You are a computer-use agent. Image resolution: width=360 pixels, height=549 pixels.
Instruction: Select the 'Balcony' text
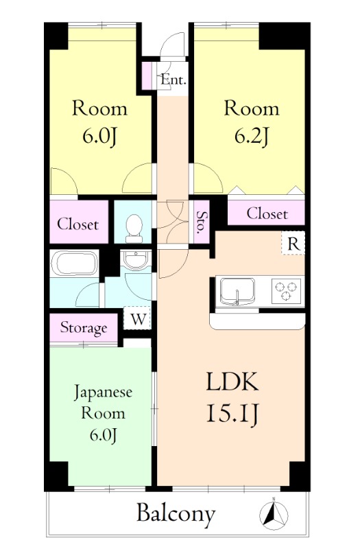click(x=176, y=513)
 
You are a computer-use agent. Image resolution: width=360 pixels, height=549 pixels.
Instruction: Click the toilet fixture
click(x=134, y=227)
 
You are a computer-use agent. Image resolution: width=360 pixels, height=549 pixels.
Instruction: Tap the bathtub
click(x=75, y=264)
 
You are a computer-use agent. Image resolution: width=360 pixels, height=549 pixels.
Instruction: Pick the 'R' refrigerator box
click(x=292, y=244)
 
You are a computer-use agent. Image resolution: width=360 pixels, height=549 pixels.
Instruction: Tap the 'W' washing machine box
click(x=138, y=318)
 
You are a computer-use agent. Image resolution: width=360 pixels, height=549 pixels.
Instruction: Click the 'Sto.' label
click(x=201, y=223)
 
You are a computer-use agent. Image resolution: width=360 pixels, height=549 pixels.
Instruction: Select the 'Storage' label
click(x=84, y=328)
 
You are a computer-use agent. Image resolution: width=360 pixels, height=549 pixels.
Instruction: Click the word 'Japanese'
click(x=103, y=393)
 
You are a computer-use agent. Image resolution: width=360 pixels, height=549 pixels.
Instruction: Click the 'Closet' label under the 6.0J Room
click(x=77, y=224)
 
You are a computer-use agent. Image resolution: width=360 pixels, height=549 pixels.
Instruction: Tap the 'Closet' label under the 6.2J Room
click(x=267, y=213)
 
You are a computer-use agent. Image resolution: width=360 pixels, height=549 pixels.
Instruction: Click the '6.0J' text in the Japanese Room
click(x=103, y=434)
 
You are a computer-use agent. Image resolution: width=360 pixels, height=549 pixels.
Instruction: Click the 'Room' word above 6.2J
click(x=251, y=108)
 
